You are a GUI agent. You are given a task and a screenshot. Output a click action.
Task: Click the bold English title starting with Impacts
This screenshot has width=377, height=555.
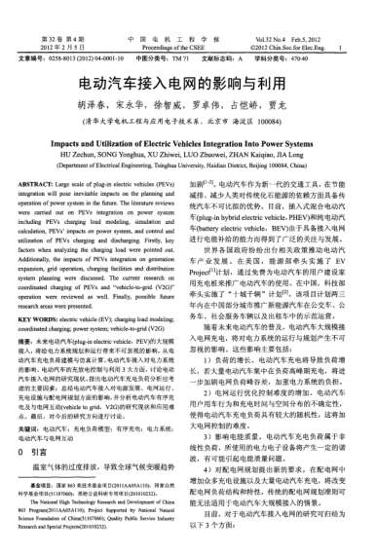point(188,139)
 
